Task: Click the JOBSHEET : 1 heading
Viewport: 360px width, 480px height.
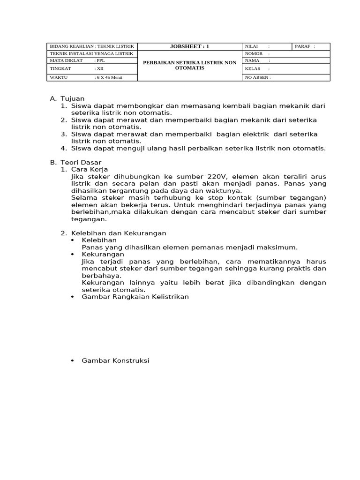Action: [x=189, y=46]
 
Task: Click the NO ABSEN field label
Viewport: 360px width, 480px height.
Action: [x=256, y=77]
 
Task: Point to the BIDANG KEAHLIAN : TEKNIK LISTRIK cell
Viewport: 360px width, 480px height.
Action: [x=92, y=46]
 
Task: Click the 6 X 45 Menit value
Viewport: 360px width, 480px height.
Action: [x=110, y=77]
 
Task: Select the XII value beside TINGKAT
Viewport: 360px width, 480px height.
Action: [x=100, y=68]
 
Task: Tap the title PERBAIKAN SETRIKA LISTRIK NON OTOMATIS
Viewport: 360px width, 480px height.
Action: [x=189, y=65]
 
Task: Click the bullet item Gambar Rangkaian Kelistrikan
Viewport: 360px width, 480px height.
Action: [x=135, y=297]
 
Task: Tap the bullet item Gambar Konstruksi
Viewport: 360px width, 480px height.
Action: [x=115, y=360]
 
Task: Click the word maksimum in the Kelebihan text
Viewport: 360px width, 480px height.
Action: [x=279, y=247]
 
